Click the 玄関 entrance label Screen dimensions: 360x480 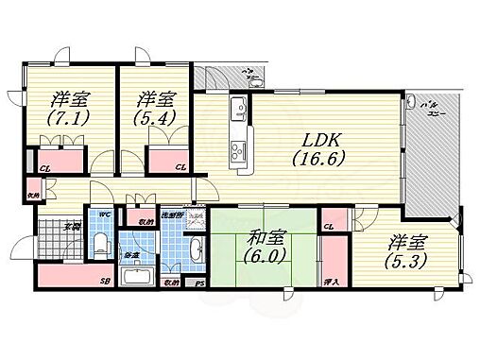coord(73,225)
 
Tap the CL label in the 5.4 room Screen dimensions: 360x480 coord(180,167)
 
